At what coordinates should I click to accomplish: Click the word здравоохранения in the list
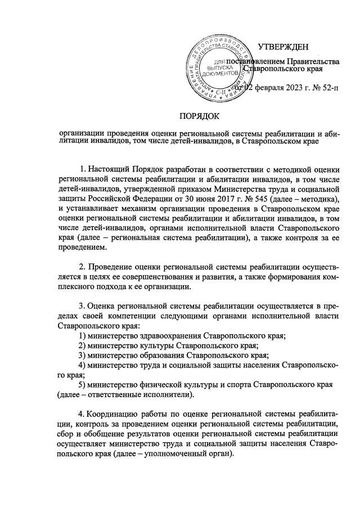171,335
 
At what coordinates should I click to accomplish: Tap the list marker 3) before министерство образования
83,356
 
